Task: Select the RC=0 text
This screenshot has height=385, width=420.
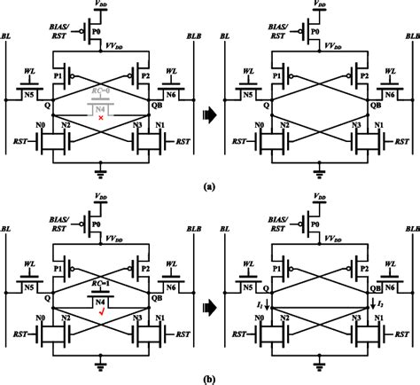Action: (100, 90)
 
